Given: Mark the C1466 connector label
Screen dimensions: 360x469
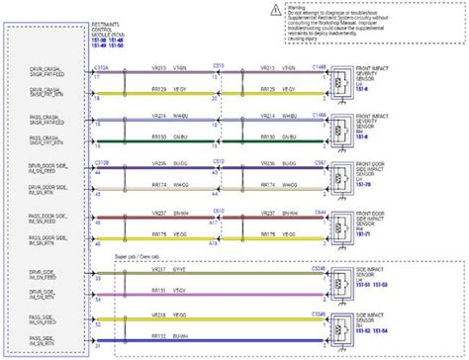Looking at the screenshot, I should click(x=319, y=115).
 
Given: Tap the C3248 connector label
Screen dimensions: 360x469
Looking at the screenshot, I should click(x=319, y=266).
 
